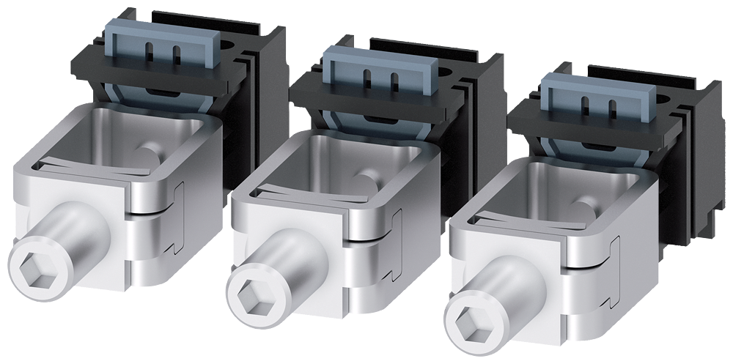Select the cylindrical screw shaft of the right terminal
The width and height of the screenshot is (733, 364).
[513, 297]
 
